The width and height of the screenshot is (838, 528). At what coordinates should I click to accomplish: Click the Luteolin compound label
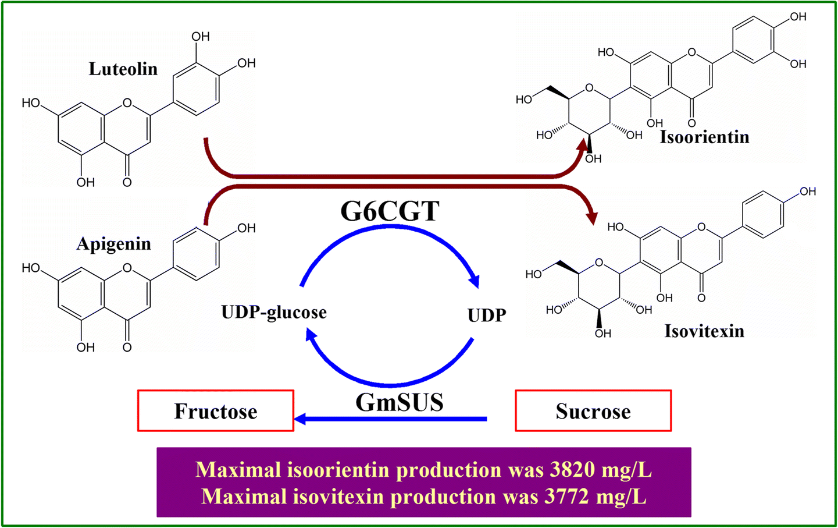[123, 69]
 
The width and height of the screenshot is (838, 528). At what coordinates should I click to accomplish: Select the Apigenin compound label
[114, 243]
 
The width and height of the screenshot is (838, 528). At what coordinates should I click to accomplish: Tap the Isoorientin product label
[704, 137]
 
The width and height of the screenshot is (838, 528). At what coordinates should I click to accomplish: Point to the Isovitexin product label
[704, 331]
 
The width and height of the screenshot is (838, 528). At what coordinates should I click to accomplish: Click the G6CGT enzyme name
[390, 211]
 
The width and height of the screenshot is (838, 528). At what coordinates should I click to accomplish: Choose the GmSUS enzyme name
[400, 402]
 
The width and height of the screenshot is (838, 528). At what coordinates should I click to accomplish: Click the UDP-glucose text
[274, 313]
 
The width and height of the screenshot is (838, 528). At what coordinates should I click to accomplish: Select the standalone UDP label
[487, 316]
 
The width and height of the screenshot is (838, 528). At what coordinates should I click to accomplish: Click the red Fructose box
[216, 411]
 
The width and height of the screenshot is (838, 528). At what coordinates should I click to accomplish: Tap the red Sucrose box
[593, 411]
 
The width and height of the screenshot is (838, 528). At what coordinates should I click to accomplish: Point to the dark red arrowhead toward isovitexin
[592, 217]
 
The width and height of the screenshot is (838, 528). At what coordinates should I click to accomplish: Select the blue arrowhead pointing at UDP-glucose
[311, 335]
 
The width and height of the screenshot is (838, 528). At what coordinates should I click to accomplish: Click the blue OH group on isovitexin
[808, 192]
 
